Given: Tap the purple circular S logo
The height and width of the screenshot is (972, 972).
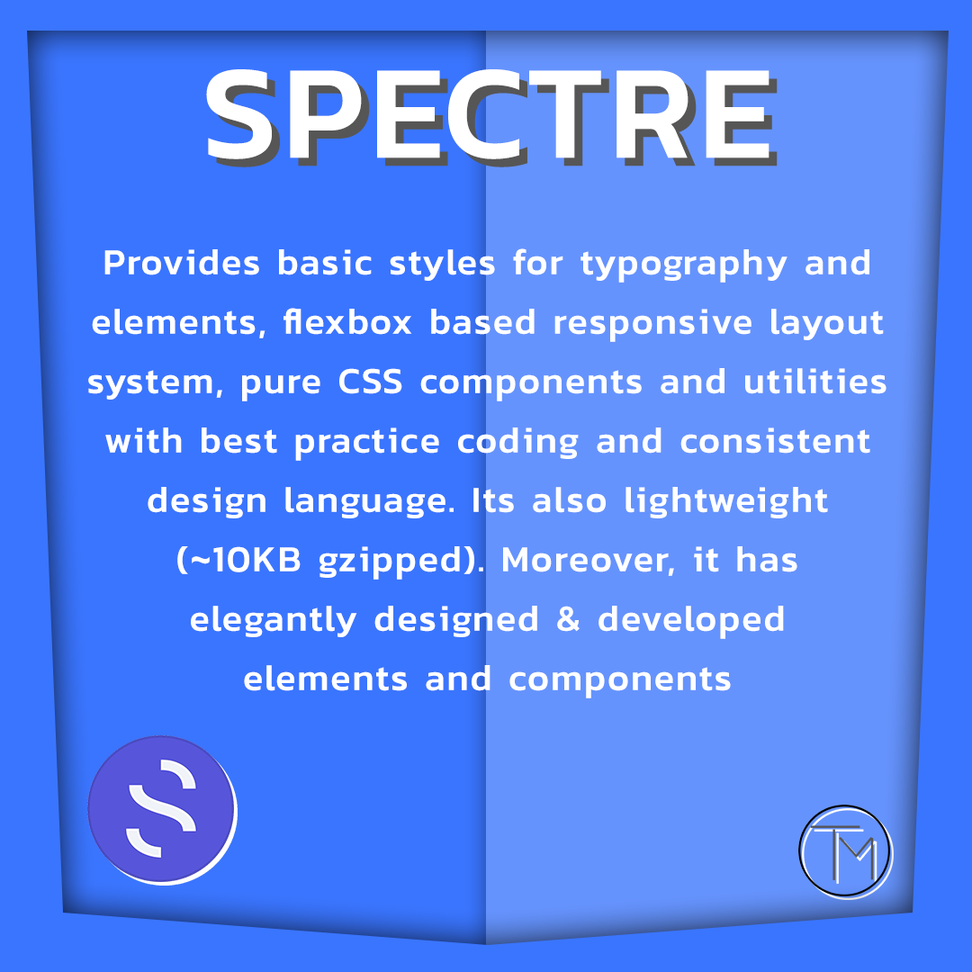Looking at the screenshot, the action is [162, 810].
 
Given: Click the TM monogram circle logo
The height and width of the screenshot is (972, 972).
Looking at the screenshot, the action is [845, 851].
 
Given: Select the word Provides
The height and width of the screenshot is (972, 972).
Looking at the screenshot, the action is [181, 263].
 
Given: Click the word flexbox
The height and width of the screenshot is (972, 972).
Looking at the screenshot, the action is [347, 322].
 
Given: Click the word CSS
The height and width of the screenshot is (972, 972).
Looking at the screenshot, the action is [370, 382].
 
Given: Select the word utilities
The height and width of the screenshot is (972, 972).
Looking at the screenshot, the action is [815, 382].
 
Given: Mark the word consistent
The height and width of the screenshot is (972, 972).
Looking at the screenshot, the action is [776, 441].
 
